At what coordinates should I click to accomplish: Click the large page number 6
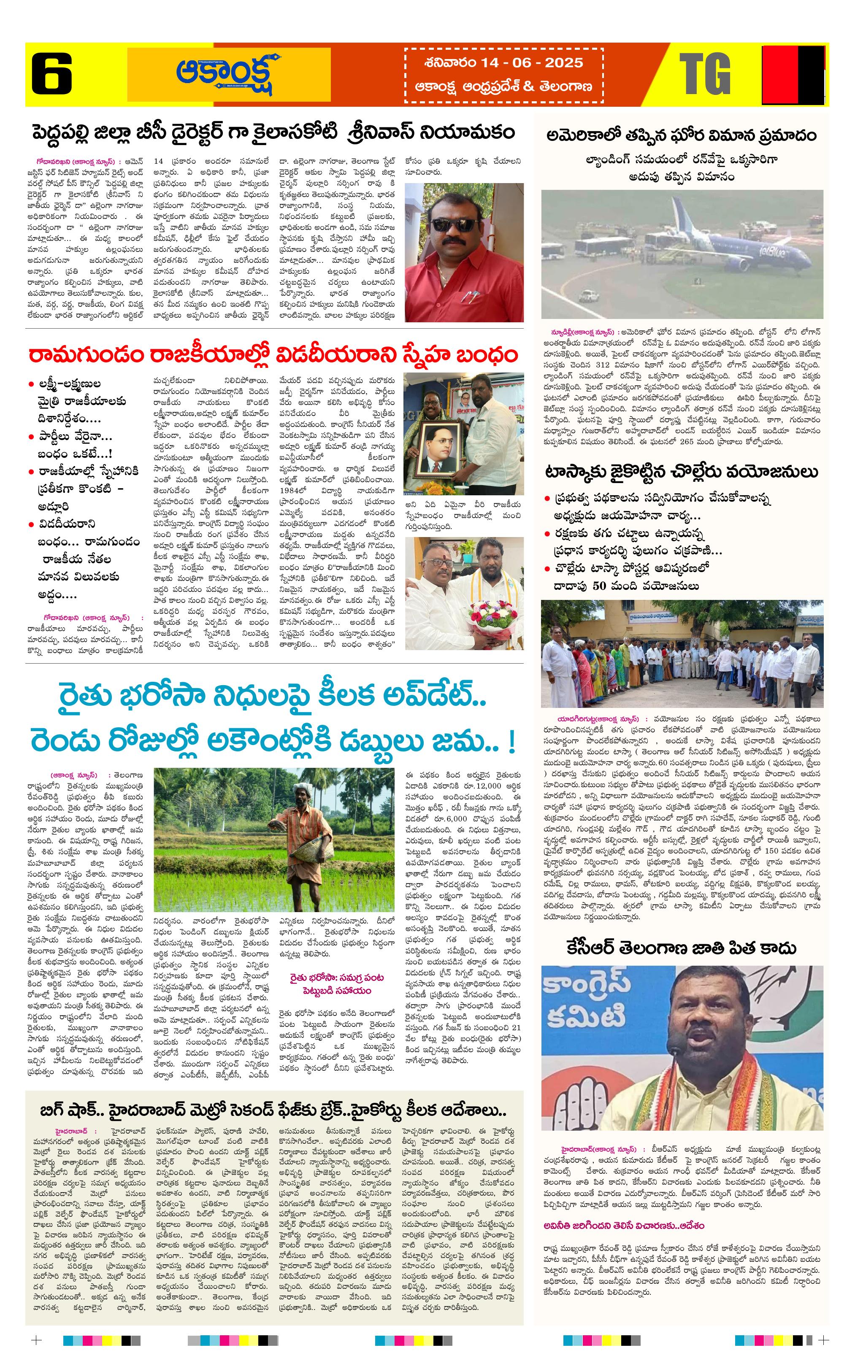point(51,74)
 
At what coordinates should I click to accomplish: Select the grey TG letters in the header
point(705,74)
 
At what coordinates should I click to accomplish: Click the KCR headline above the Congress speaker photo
point(682,948)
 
